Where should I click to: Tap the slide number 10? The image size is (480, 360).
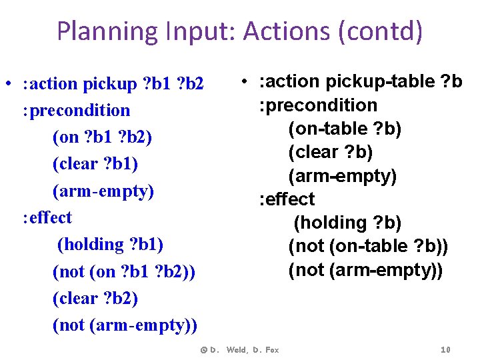pyautogui.click(x=446, y=350)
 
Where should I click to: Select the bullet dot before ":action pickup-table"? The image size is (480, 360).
pyautogui.click(x=245, y=81)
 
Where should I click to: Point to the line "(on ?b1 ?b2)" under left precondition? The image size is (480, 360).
pyautogui.click(x=102, y=137)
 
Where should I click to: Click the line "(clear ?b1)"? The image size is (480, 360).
pyautogui.click(x=99, y=163)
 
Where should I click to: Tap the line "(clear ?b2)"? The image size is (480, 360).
pyautogui.click(x=95, y=298)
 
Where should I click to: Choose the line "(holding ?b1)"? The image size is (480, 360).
pyautogui.click(x=110, y=244)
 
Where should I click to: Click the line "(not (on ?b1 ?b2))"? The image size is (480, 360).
pyautogui.click(x=123, y=271)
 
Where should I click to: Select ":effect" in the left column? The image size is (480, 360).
pyautogui.click(x=47, y=217)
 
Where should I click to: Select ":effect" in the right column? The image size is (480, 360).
pyautogui.click(x=287, y=199)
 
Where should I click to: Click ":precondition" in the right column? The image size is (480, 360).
pyautogui.click(x=319, y=105)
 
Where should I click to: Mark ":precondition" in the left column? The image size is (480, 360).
pyautogui.click(x=76, y=110)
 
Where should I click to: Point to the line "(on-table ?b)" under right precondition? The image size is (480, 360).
pyautogui.click(x=345, y=128)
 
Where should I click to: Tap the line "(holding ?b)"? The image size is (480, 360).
pyautogui.click(x=347, y=223)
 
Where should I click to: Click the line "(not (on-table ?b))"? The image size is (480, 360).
pyautogui.click(x=368, y=246)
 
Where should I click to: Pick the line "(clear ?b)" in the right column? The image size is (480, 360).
pyautogui.click(x=330, y=152)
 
